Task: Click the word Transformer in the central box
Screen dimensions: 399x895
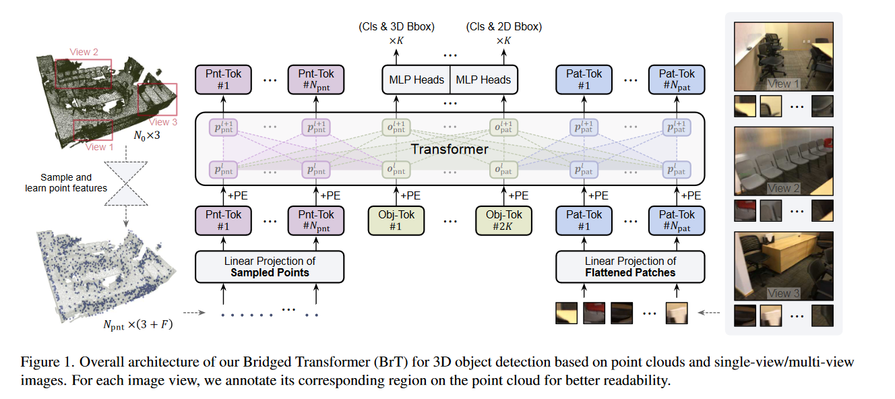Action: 450,149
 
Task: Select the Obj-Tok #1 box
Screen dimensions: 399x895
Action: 396,221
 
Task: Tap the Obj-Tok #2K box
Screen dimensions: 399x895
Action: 503,221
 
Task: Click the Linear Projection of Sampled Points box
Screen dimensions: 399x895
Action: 270,267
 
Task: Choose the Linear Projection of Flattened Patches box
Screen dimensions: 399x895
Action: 630,267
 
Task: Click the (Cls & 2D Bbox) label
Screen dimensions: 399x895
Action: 503,27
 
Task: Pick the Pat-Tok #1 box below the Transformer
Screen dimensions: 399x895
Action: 583,221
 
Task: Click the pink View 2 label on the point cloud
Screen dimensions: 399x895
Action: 84,52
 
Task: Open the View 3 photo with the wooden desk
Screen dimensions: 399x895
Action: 783,266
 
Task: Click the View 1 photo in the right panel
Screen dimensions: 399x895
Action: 783,57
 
